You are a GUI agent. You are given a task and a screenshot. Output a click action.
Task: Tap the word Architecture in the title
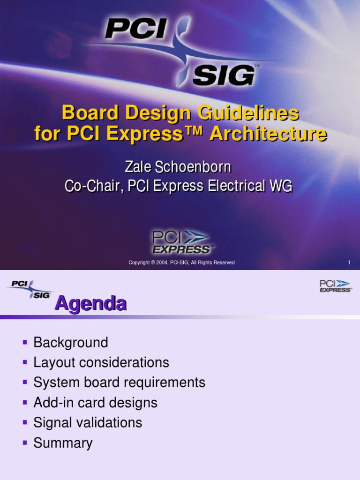point(268,134)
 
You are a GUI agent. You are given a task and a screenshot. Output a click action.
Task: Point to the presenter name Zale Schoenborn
point(178,167)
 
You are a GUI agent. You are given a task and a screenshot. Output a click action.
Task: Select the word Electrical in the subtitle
point(237,186)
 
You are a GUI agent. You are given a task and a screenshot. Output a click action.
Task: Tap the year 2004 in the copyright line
point(163,262)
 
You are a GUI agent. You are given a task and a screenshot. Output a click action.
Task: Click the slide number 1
point(349,262)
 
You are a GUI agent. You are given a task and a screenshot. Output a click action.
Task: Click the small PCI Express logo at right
point(335,286)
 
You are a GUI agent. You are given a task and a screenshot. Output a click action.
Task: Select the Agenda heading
point(90,304)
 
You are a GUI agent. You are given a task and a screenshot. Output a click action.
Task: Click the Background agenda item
point(71,343)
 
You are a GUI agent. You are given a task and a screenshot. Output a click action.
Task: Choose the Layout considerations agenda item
point(101,363)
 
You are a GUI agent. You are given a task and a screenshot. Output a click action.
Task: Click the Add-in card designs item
point(95,403)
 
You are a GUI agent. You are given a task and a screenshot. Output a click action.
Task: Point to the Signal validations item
point(88,423)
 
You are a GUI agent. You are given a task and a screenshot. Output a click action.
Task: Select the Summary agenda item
point(63,443)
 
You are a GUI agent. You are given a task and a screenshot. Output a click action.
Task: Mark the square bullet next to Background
point(25,343)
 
